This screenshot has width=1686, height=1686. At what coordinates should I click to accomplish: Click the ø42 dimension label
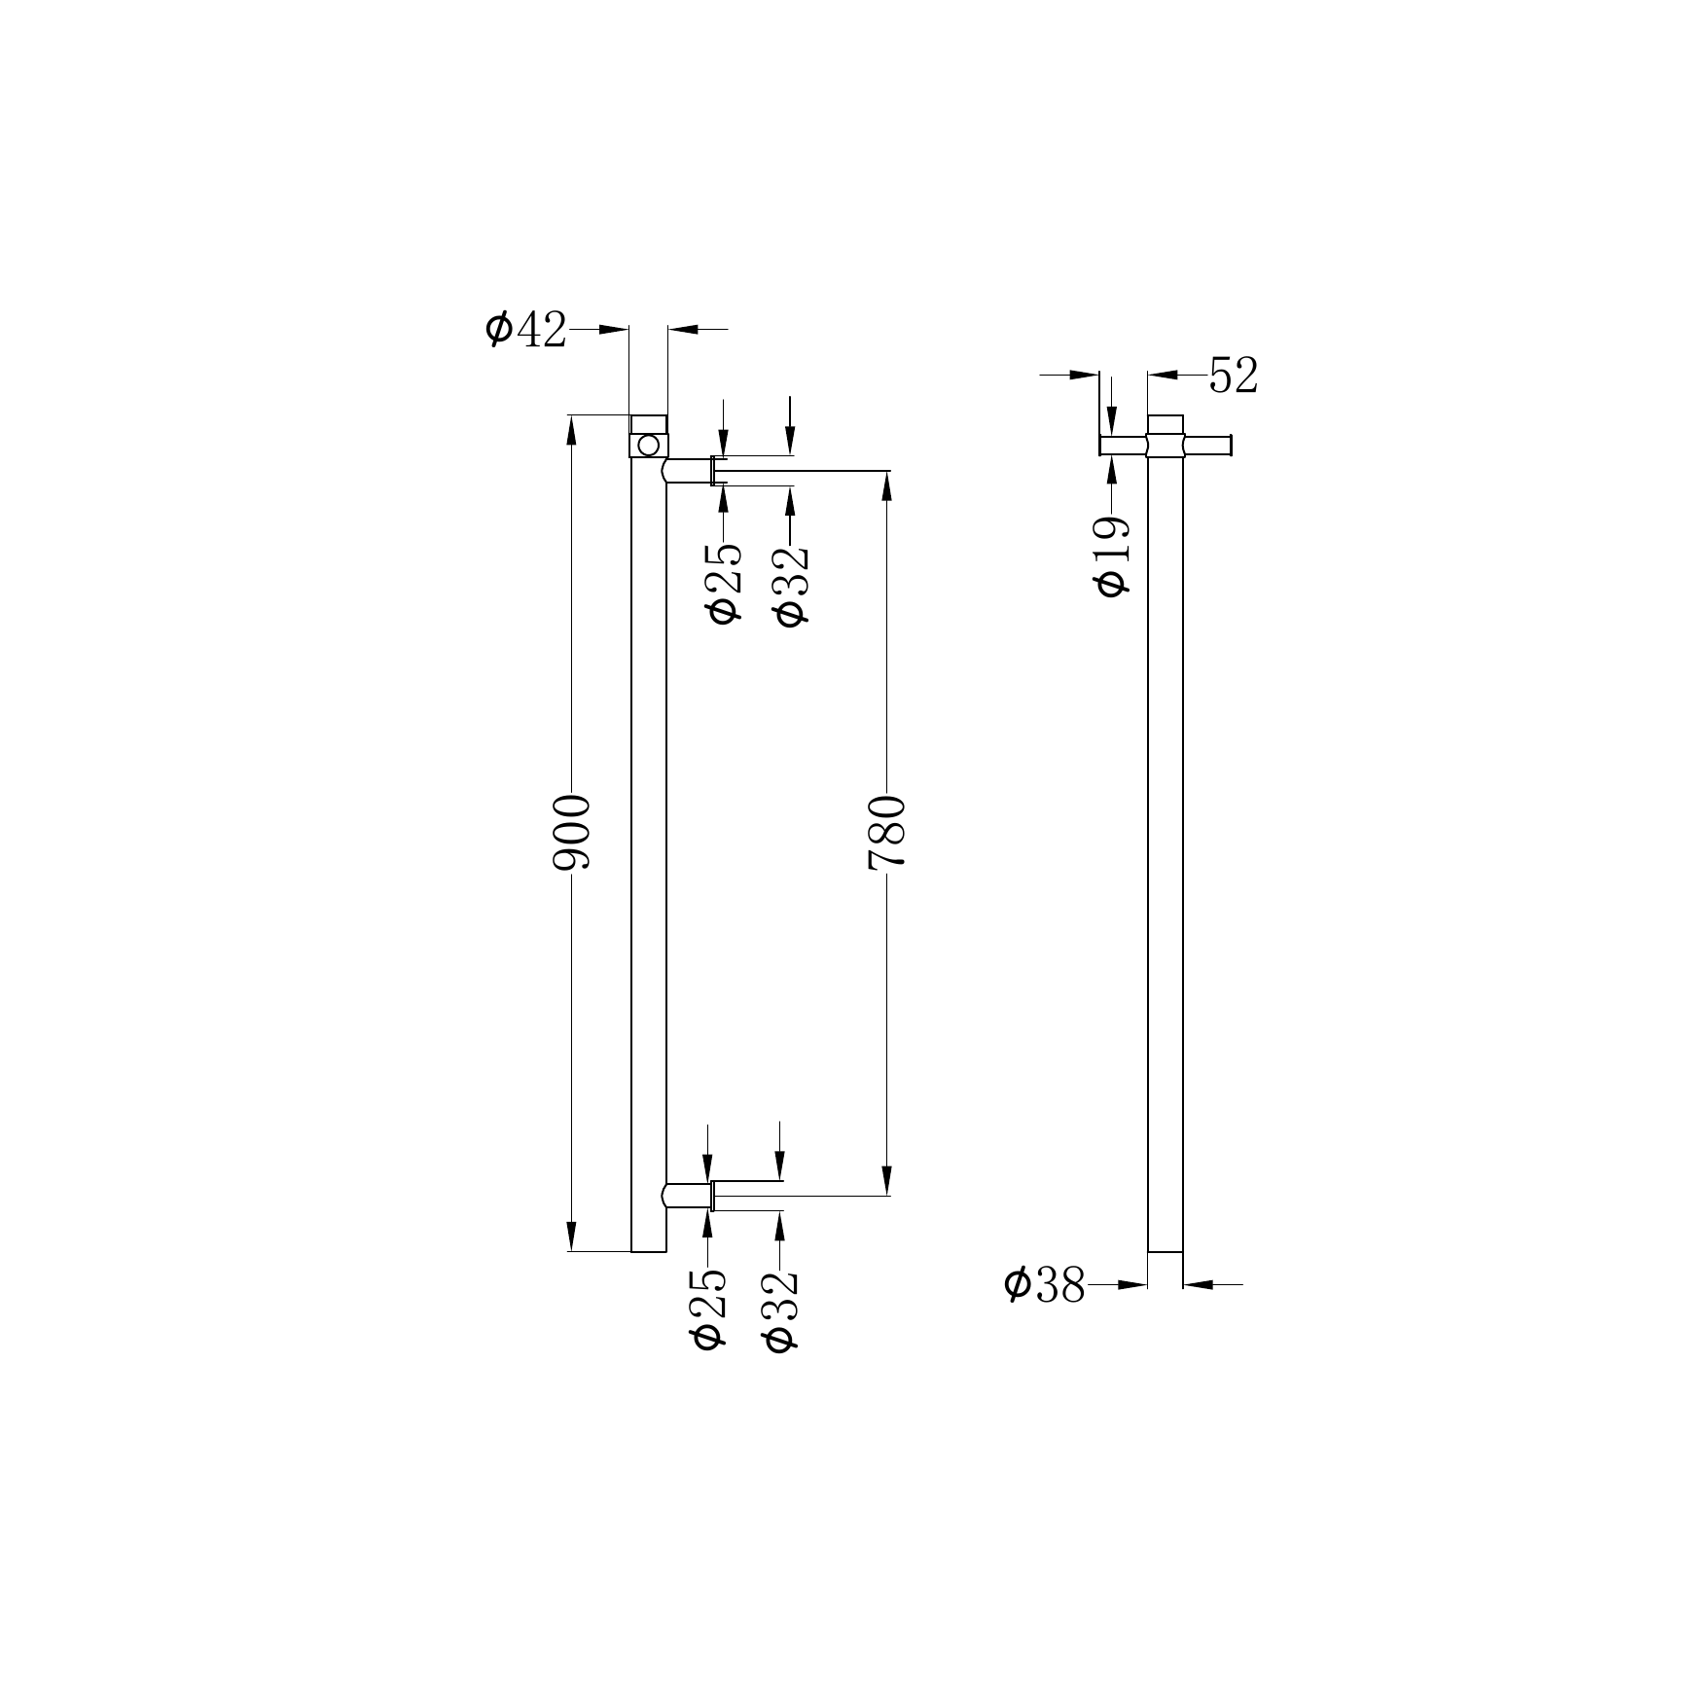(x=525, y=330)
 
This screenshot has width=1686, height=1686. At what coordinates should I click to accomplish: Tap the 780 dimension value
(x=886, y=831)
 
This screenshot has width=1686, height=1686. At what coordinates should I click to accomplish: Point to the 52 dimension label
(x=1234, y=376)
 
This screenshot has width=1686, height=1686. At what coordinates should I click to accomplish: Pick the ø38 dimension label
(x=1045, y=1285)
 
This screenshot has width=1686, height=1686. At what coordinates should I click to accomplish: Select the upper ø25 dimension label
(x=725, y=583)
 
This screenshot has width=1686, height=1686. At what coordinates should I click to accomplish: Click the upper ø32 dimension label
(x=789, y=585)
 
